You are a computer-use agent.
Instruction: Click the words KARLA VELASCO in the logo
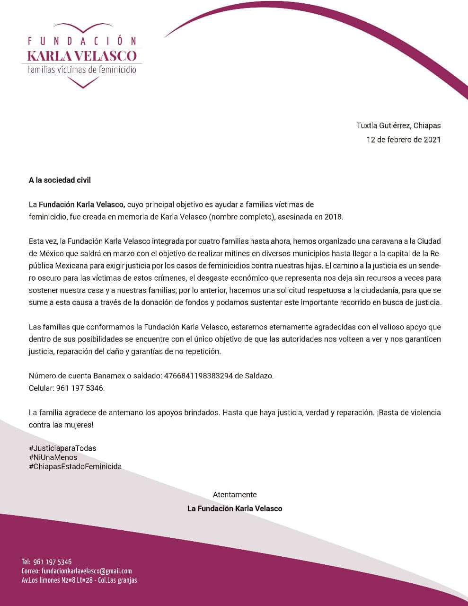click(82, 56)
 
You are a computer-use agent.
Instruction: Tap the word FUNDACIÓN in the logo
click(82, 41)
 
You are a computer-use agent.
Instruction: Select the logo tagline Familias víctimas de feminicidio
click(82, 70)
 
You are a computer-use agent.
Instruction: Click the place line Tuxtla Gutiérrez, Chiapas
click(398, 125)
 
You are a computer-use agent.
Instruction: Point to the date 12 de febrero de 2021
click(404, 140)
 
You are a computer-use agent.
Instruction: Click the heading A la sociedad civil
click(60, 180)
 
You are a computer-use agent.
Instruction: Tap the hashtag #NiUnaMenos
click(53, 457)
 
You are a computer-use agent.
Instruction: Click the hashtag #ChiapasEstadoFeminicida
click(75, 466)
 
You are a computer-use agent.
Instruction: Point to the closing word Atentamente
click(235, 495)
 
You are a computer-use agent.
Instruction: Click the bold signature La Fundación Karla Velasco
click(235, 508)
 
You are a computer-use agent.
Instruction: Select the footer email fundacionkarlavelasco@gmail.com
click(86, 571)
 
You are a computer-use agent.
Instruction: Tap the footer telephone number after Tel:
click(53, 562)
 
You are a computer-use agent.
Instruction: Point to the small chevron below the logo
click(82, 83)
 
